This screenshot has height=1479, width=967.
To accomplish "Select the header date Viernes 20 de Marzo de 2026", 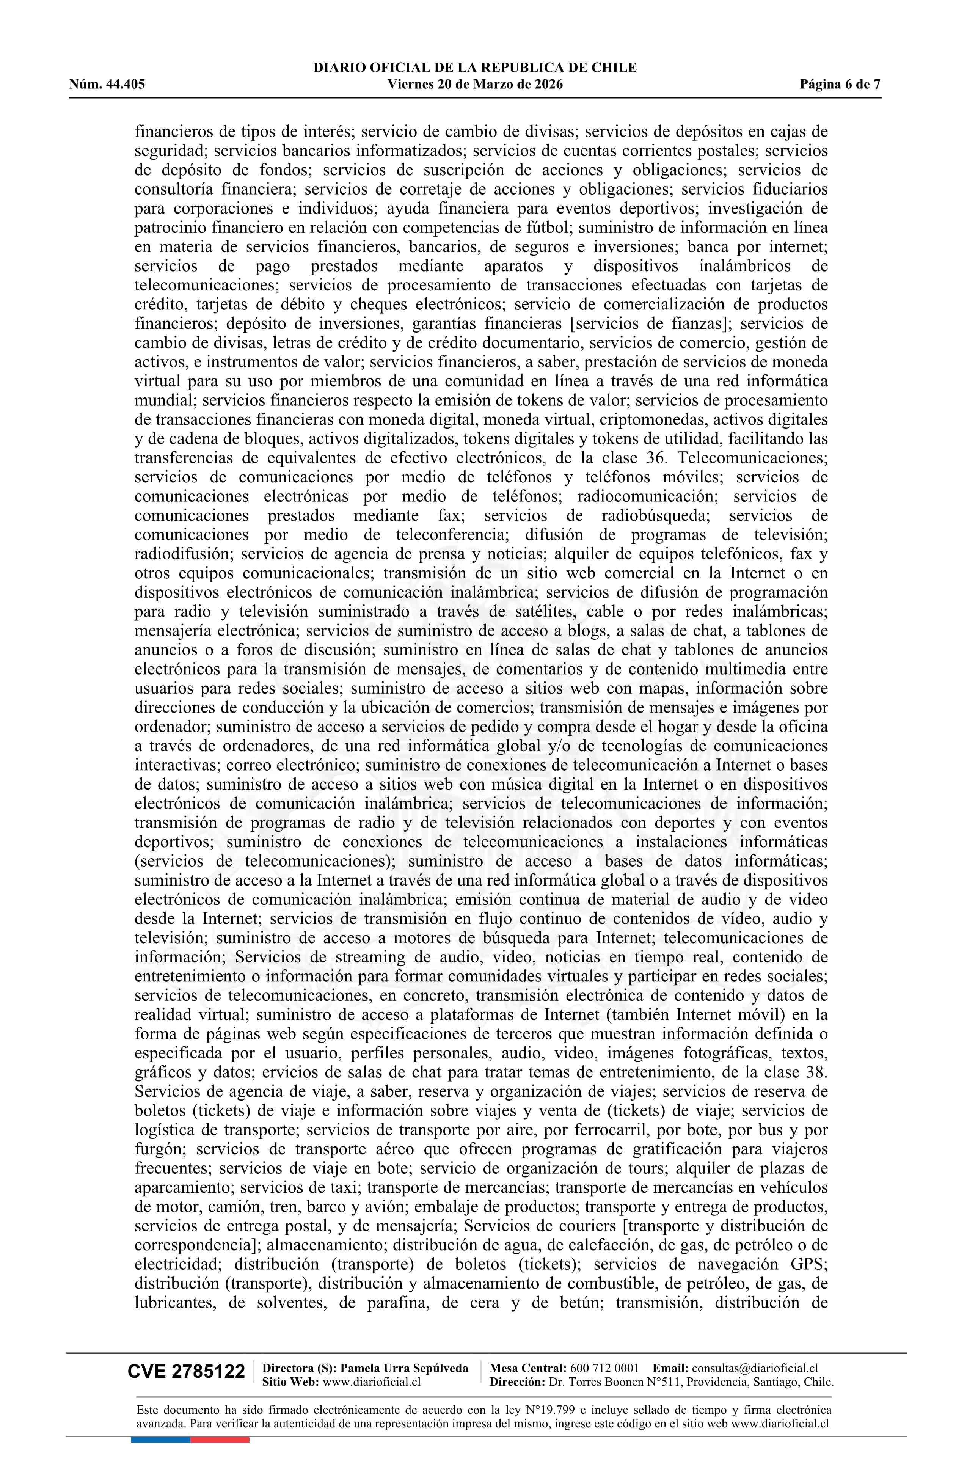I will [475, 85].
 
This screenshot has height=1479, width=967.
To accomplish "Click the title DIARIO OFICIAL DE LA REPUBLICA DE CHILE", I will [475, 68].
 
